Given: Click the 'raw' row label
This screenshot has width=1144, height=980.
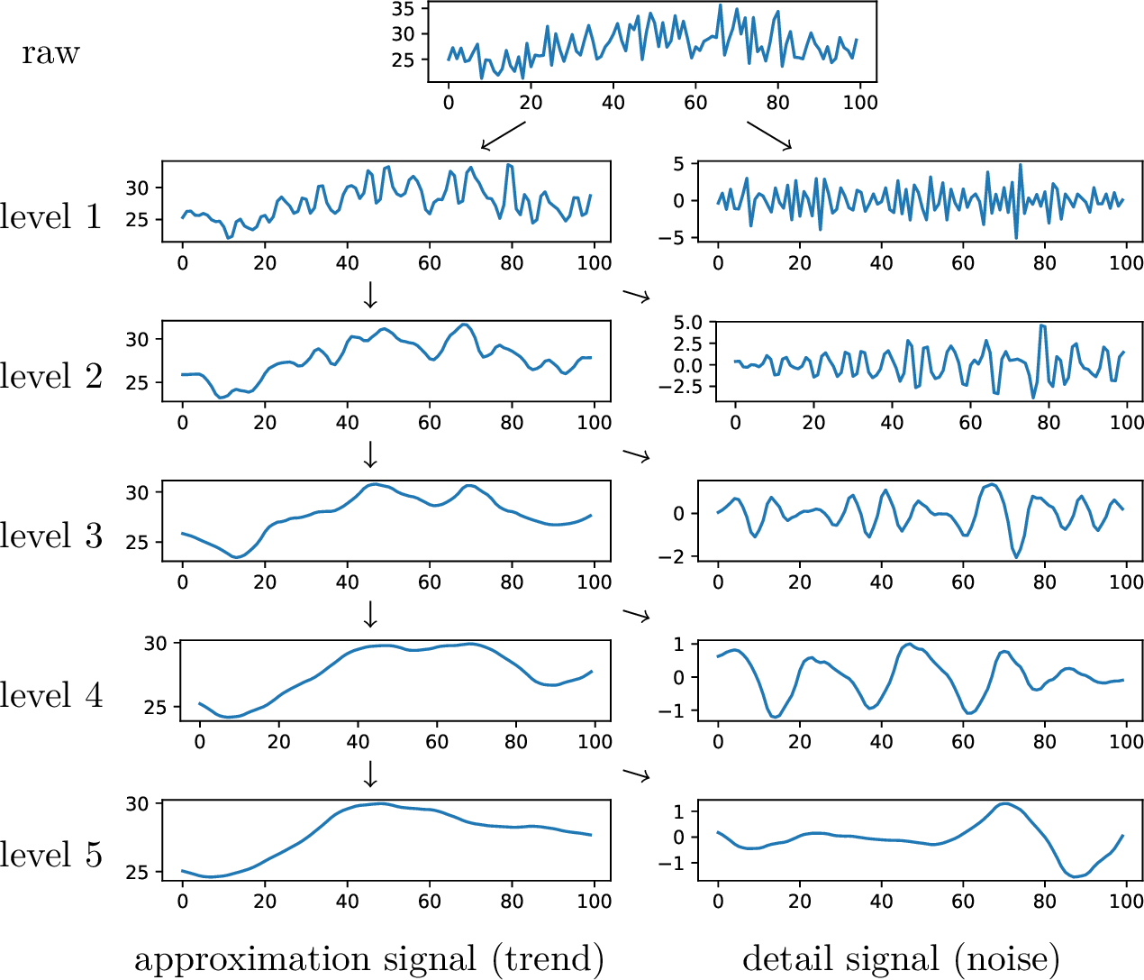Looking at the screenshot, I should [x=50, y=53].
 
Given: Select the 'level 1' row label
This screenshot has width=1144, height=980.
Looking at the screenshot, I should [x=50, y=216].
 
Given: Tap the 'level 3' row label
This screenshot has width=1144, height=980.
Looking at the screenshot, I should [x=50, y=536].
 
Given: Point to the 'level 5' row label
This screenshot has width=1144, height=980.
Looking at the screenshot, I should [x=50, y=855].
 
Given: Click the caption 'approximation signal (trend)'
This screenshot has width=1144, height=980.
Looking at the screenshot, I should [x=368, y=959].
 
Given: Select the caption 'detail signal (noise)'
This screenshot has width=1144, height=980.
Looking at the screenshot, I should [x=900, y=959].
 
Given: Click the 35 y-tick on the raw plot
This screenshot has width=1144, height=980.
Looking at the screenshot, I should [x=403, y=9].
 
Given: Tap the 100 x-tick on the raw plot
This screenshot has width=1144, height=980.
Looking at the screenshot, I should [x=859, y=102].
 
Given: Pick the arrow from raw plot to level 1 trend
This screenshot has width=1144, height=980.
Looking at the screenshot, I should [x=503, y=135].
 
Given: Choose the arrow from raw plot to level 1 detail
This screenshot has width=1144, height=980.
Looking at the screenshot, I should [x=768, y=135].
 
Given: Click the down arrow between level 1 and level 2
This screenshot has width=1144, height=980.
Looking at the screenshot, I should [x=369, y=295].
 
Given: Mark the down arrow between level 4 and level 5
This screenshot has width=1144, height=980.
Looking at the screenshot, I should [x=369, y=774].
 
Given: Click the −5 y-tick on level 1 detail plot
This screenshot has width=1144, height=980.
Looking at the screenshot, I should [x=672, y=238].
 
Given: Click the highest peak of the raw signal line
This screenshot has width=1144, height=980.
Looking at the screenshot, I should [x=720, y=5].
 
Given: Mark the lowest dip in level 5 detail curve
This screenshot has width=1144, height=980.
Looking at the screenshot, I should [x=1076, y=876].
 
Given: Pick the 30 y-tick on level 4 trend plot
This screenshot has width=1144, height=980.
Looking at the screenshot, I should [x=156, y=643].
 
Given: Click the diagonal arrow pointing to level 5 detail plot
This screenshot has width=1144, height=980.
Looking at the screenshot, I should [x=637, y=774].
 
